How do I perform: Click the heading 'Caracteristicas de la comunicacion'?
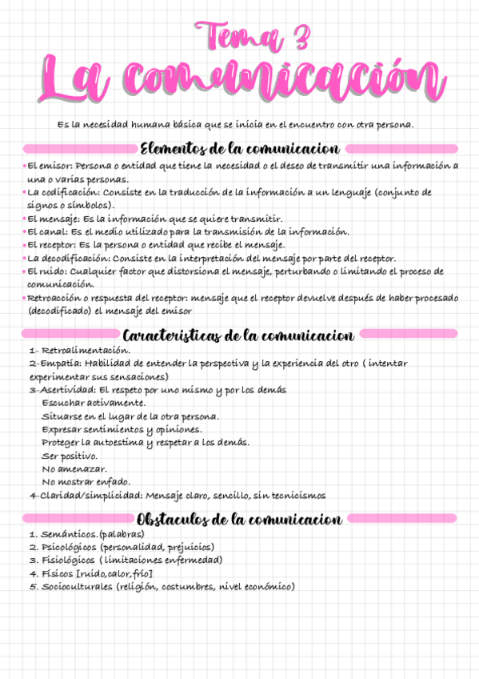239,334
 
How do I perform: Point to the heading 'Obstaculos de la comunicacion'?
240,520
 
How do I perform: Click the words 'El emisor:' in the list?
50,166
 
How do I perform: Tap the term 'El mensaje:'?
53,219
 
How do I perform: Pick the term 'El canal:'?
47,231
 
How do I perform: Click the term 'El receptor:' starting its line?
53,244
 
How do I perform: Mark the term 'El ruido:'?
47,271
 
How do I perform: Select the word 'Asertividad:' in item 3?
61,390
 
